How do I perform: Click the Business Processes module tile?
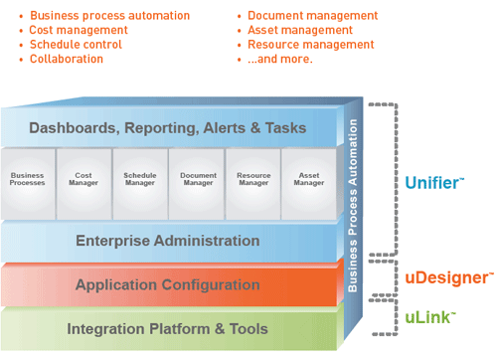pyautogui.click(x=28, y=180)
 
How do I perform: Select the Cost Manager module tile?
pyautogui.click(x=84, y=180)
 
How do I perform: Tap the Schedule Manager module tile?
pyautogui.click(x=140, y=180)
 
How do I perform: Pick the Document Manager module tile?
pyautogui.click(x=197, y=180)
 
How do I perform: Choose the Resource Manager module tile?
pyautogui.click(x=253, y=180)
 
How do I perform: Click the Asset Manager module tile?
pyautogui.click(x=309, y=180)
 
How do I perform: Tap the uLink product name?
pyautogui.click(x=429, y=317)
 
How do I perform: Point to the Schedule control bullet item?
pyautogui.click(x=75, y=45)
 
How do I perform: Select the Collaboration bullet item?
pyautogui.click(x=66, y=59)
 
